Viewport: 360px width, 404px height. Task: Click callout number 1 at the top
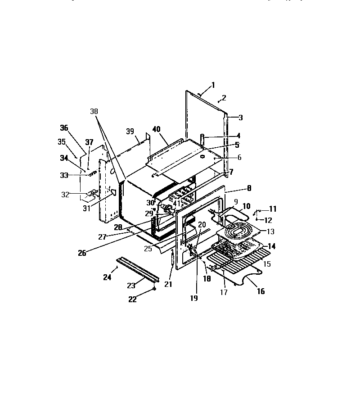213,85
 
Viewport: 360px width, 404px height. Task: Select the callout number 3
240,118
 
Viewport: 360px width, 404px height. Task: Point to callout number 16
261,291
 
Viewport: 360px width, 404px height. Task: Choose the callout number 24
107,277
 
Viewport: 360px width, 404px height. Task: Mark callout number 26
81,253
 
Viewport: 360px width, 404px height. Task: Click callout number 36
64,128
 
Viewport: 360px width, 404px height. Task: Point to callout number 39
130,131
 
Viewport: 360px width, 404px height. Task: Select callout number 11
273,209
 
